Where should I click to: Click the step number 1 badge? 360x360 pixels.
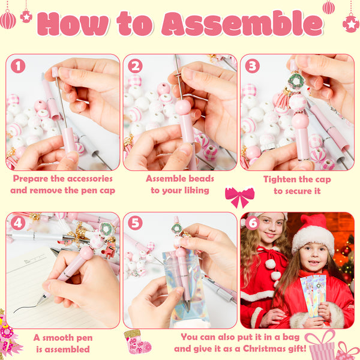[x=18, y=66]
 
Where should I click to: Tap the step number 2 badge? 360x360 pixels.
[x=135, y=66]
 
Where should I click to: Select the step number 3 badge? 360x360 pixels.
[x=253, y=66]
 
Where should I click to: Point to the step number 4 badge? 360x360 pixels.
[x=18, y=223]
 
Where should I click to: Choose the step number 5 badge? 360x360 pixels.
[x=135, y=223]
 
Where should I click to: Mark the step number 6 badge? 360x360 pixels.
[x=253, y=223]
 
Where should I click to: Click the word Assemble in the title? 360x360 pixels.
[x=242, y=23]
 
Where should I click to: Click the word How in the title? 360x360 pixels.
[x=73, y=24]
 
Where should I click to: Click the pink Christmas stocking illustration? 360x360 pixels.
[x=137, y=341]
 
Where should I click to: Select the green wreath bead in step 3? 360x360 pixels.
[x=296, y=80]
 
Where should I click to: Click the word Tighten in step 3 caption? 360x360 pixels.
[x=278, y=180]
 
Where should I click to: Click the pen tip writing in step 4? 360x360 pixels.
[x=39, y=304]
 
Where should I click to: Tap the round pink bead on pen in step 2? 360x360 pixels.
[x=183, y=107]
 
